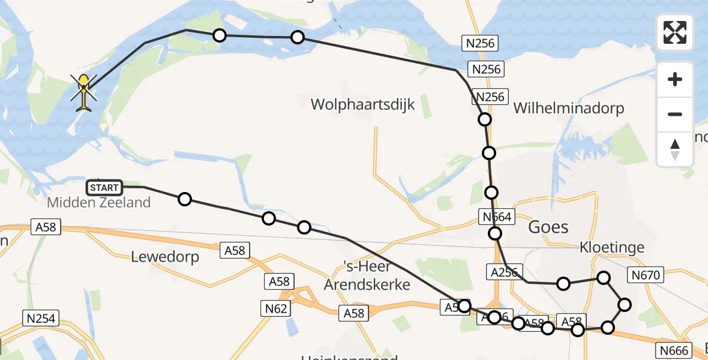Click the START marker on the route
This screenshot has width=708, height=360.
105,188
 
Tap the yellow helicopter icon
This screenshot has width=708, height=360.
84,92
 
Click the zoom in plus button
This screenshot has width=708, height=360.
675,79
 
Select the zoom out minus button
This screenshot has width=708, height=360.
675,114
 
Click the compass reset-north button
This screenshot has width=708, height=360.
675,149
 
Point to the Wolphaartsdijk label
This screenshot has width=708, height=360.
362,105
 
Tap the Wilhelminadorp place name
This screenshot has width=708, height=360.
569,109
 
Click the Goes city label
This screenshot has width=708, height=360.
547,227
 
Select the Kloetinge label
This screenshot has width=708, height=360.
612,247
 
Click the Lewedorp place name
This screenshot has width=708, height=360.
164,257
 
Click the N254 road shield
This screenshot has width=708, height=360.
38,318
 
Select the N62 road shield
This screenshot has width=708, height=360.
276,308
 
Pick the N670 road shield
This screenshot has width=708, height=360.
645,275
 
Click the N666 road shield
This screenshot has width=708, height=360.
675,350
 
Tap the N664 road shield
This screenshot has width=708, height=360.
496,217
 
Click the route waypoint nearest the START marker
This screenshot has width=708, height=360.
185,199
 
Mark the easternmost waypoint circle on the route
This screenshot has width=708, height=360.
625,305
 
